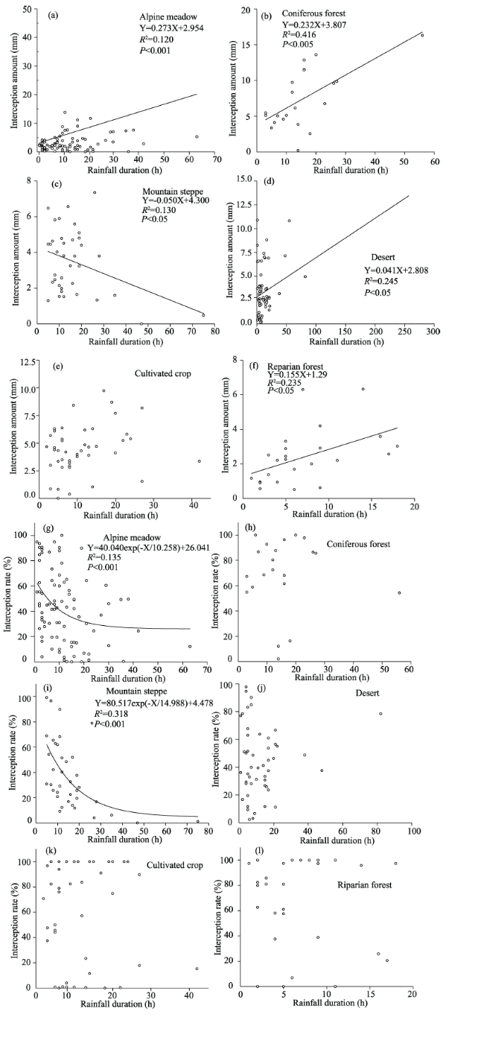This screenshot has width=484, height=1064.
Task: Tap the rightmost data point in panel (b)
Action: pyautogui.click(x=422, y=35)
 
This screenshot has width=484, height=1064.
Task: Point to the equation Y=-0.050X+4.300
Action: pyautogui.click(x=176, y=200)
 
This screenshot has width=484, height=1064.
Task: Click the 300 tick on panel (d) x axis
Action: pyautogui.click(x=433, y=332)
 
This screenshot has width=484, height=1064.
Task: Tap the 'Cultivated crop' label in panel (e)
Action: pyautogui.click(x=163, y=373)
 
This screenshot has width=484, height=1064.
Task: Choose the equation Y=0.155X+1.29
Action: pyautogui.click(x=297, y=374)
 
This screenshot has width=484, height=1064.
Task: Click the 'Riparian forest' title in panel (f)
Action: pyautogui.click(x=295, y=367)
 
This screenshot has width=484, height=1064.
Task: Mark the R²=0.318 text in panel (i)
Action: pyautogui.click(x=112, y=714)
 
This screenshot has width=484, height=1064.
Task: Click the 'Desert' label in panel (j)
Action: pyautogui.click(x=367, y=693)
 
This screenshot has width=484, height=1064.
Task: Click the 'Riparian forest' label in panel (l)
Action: pyautogui.click(x=364, y=885)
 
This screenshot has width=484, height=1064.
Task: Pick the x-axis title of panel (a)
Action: pyautogui.click(x=124, y=170)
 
